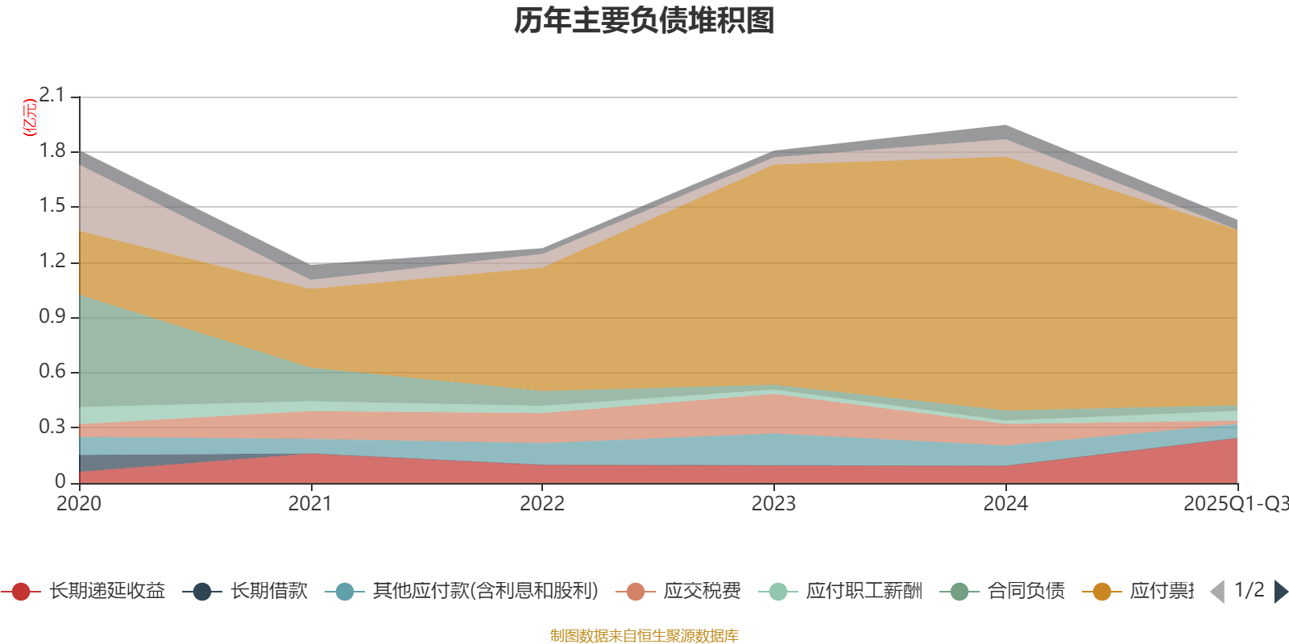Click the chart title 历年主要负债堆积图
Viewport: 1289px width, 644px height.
tap(644, 21)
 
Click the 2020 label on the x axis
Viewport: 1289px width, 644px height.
tap(79, 504)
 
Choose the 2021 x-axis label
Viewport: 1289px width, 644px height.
tap(310, 504)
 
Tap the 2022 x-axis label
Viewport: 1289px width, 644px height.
tap(542, 504)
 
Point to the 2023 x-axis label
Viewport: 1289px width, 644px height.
tap(773, 504)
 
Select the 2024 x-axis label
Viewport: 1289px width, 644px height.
tap(1005, 504)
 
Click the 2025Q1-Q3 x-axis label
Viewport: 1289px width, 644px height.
tap(1234, 504)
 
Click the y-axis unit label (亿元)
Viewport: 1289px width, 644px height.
tap(30, 118)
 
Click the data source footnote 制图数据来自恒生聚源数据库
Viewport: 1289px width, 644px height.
tap(644, 636)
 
